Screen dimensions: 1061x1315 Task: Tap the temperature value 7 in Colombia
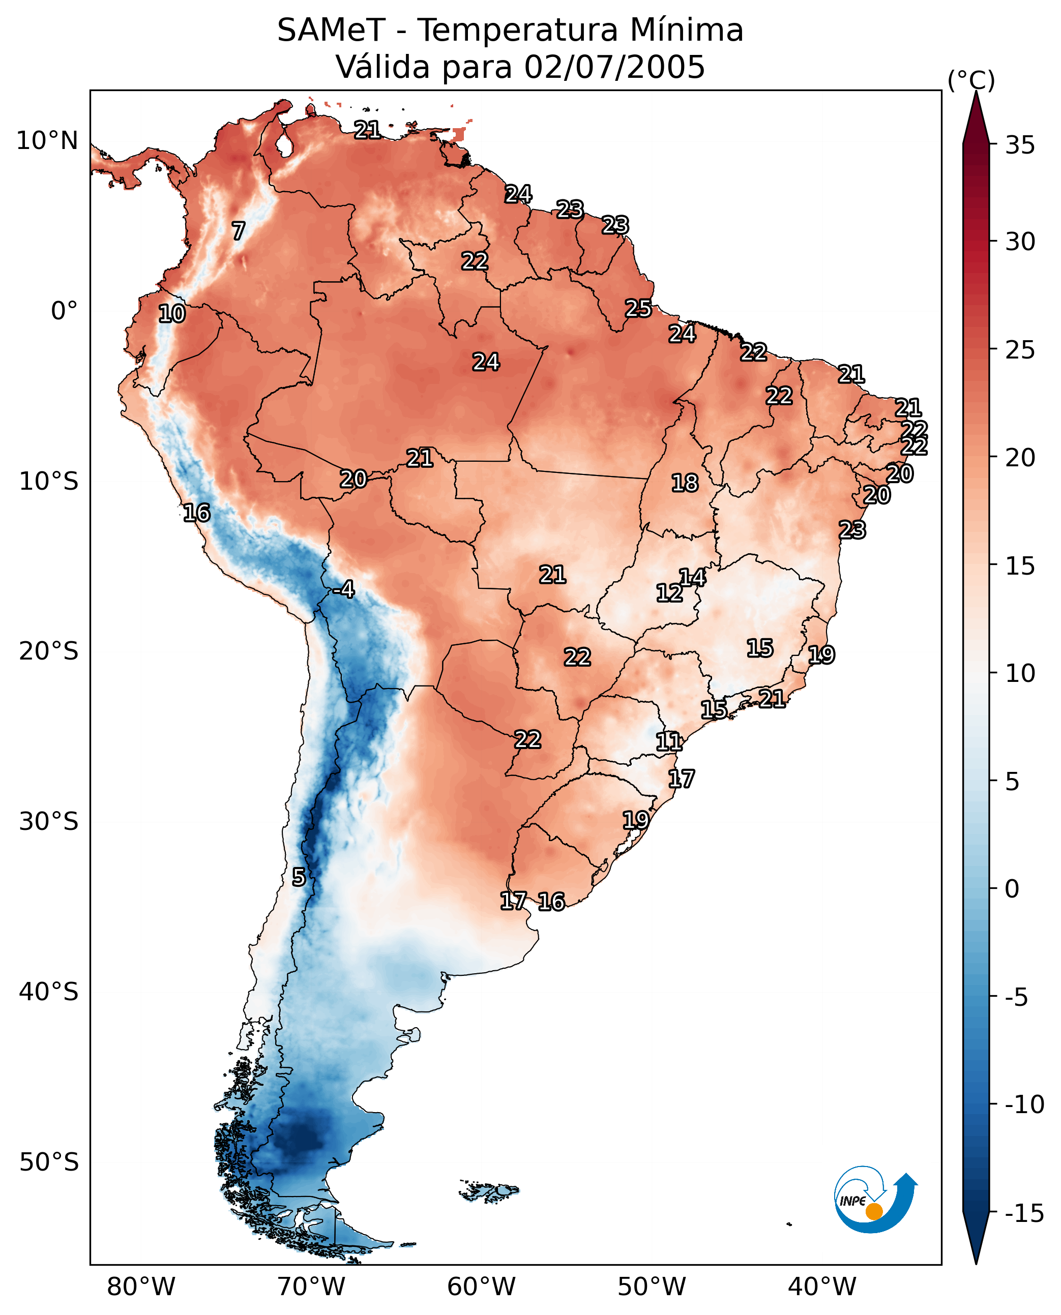[239, 231]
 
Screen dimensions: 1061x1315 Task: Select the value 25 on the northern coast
[638, 309]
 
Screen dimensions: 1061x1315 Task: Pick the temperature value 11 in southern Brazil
[669, 742]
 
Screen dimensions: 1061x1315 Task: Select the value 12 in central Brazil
[669, 593]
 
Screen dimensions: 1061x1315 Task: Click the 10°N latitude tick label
[47, 141]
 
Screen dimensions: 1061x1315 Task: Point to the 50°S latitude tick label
[49, 1161]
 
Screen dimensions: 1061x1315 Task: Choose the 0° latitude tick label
[65, 311]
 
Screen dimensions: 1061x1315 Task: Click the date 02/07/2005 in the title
[614, 67]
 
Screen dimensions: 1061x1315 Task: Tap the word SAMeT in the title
[331, 31]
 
